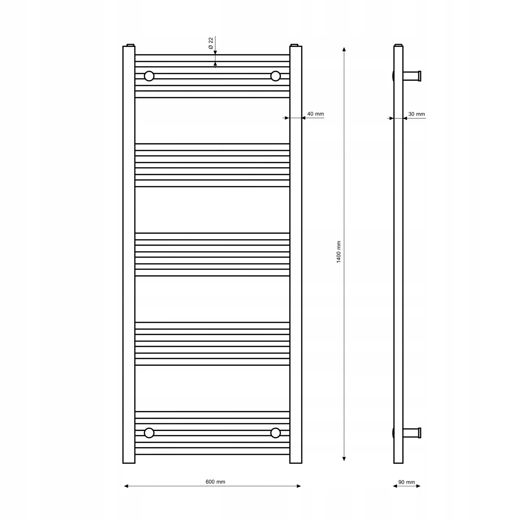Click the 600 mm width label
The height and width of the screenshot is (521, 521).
pos(215,482)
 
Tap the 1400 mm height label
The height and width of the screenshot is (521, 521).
pos(339,252)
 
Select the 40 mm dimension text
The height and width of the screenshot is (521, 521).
pos(315,114)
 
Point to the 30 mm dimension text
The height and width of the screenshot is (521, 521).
pos(416,114)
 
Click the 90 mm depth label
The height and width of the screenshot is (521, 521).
pos(406,482)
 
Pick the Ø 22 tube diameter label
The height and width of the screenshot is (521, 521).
pos(211,43)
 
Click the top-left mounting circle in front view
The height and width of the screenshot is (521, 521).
pos(149,76)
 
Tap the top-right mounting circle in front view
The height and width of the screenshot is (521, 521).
pos(275,76)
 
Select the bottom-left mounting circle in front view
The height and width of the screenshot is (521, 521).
pos(149,433)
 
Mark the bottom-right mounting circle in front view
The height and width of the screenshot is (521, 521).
pos(275,433)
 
